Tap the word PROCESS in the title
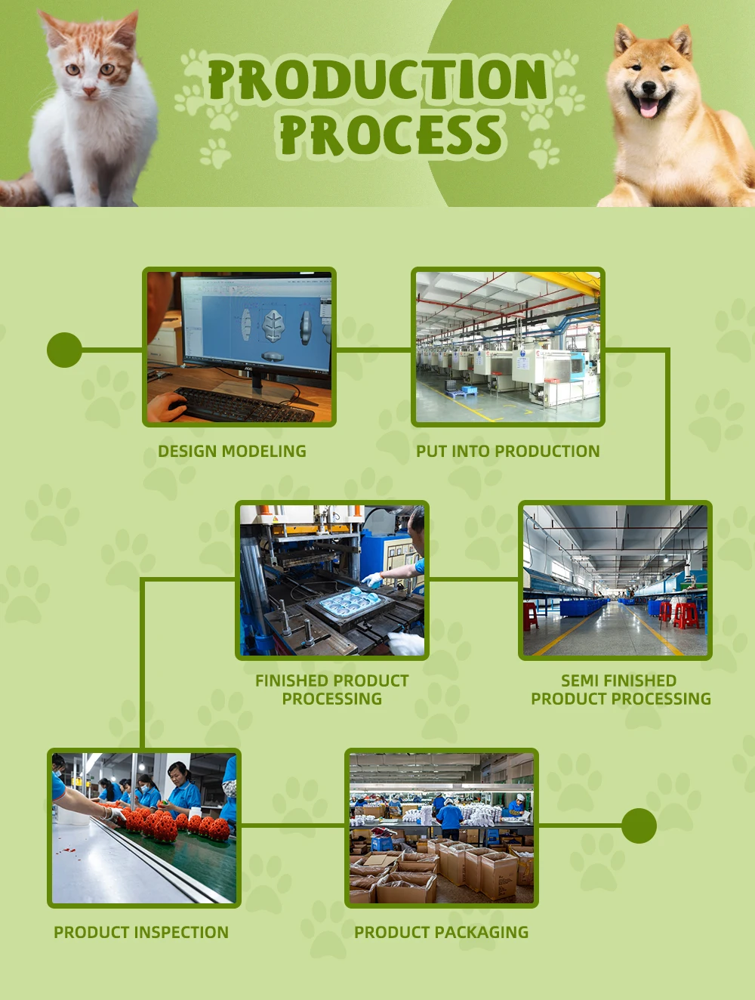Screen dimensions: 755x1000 click(x=393, y=134)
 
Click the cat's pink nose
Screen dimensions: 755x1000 click(x=90, y=91)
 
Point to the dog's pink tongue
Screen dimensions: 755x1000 click(x=649, y=108)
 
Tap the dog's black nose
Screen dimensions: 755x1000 click(x=649, y=87)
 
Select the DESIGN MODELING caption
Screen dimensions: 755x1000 click(x=233, y=451)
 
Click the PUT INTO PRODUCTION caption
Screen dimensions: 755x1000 click(x=507, y=451)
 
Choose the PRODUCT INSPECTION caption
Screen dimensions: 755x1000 click(x=141, y=932)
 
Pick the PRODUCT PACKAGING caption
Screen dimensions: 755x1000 click(x=441, y=932)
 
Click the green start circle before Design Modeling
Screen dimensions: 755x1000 click(x=65, y=350)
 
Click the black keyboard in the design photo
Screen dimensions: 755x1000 click(x=242, y=405)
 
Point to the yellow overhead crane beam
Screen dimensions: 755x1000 click(x=565, y=282)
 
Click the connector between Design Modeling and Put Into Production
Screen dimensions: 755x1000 click(x=374, y=350)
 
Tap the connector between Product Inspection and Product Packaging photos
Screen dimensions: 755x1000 click(x=292, y=825)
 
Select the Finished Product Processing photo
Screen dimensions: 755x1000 click(x=332, y=580)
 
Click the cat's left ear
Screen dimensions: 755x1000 click(x=51, y=28)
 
